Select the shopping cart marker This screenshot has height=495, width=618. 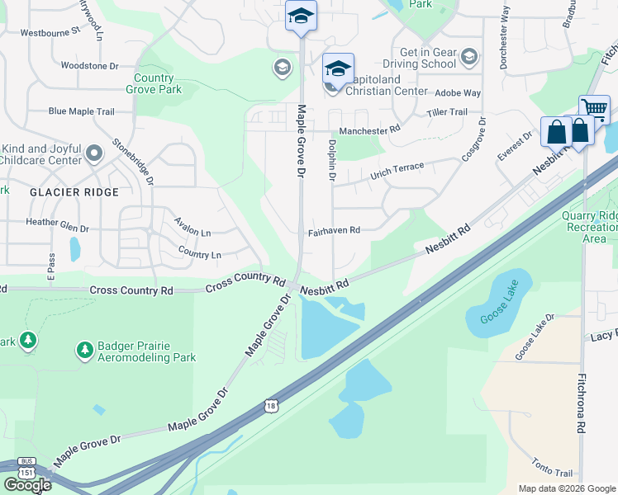(x=594, y=109)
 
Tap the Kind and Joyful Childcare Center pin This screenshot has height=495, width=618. (x=94, y=153)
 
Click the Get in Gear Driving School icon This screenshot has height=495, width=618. (x=469, y=57)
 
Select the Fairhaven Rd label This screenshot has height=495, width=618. (x=335, y=231)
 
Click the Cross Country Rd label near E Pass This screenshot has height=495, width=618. (x=131, y=290)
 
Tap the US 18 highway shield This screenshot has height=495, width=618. (x=272, y=405)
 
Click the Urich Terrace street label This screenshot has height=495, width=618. (x=397, y=171)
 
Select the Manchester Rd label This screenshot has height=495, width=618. (x=369, y=130)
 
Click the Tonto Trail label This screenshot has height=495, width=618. (x=553, y=473)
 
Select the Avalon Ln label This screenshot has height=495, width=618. (x=193, y=224)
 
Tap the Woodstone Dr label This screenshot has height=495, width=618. (x=90, y=64)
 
